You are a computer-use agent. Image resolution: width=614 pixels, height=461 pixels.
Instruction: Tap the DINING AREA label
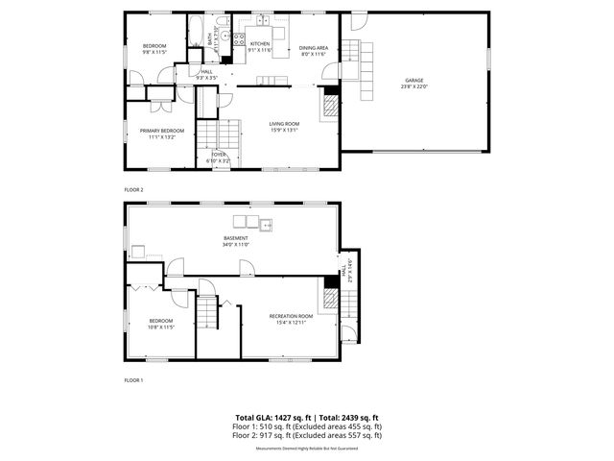314,47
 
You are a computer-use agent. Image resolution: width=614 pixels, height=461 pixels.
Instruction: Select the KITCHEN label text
260,43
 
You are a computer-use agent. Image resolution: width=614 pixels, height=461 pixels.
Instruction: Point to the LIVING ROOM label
284,123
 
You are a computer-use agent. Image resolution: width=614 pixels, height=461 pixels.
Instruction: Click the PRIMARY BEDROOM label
161,131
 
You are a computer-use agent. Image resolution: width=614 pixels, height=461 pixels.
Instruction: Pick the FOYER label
219,154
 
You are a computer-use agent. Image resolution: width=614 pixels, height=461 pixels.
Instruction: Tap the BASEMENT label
236,238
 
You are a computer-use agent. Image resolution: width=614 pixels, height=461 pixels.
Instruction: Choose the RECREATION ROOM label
291,316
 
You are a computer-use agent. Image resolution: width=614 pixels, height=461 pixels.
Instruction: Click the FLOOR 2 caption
133,190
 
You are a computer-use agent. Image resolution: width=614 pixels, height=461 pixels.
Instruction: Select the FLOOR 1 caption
133,380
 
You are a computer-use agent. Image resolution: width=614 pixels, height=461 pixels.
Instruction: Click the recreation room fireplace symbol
330,299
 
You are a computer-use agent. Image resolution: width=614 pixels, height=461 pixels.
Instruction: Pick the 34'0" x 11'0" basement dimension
236,245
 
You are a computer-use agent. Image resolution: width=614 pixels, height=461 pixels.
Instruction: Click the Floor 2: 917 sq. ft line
307,435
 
